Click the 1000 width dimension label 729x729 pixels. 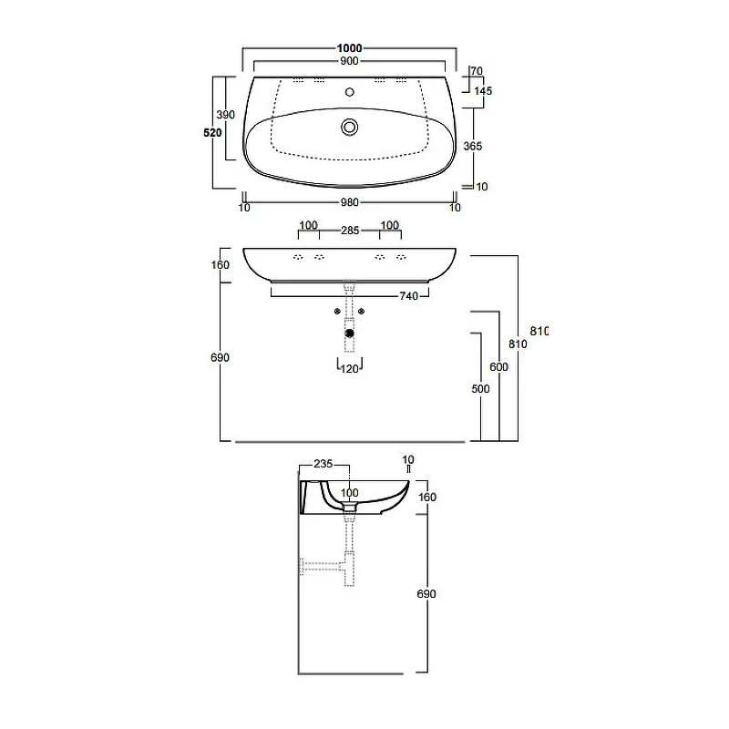coord(349,48)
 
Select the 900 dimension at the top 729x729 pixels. coord(349,61)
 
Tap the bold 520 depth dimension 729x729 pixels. coord(212,132)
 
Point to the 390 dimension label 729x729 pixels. coord(225,115)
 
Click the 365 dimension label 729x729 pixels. coord(472,146)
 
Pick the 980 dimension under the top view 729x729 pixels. coord(349,202)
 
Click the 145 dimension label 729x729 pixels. coord(483,90)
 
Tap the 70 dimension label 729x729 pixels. coord(477,71)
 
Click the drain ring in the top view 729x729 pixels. coord(349,127)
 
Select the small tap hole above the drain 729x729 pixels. coord(350,92)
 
